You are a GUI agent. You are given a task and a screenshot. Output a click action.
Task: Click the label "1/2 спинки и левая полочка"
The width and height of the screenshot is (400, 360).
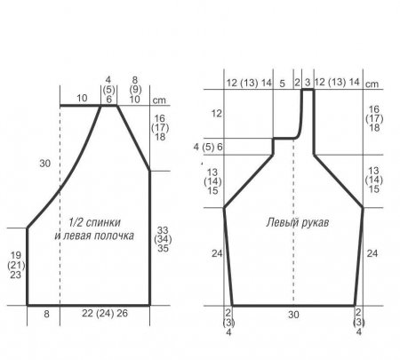click(94, 228)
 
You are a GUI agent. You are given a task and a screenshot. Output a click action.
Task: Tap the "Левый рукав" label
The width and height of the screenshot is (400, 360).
click(298, 222)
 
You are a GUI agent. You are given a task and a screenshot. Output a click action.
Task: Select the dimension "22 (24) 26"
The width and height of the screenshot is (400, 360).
click(105, 313)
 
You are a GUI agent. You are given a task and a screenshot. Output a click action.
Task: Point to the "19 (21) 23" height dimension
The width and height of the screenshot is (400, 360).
click(16, 265)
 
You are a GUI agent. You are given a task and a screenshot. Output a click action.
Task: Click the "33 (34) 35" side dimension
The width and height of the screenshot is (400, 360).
click(163, 239)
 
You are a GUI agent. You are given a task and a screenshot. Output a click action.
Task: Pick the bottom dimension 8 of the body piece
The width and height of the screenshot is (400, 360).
click(46, 314)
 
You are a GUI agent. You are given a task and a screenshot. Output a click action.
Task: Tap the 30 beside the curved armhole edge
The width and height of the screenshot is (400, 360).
click(45, 164)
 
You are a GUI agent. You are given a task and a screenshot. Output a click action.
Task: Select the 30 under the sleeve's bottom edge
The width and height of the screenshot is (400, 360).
click(293, 315)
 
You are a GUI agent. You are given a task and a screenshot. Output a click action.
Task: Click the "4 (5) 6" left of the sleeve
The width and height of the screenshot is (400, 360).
click(208, 147)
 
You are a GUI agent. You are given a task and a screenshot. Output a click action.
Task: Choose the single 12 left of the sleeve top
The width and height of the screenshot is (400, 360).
click(216, 113)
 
